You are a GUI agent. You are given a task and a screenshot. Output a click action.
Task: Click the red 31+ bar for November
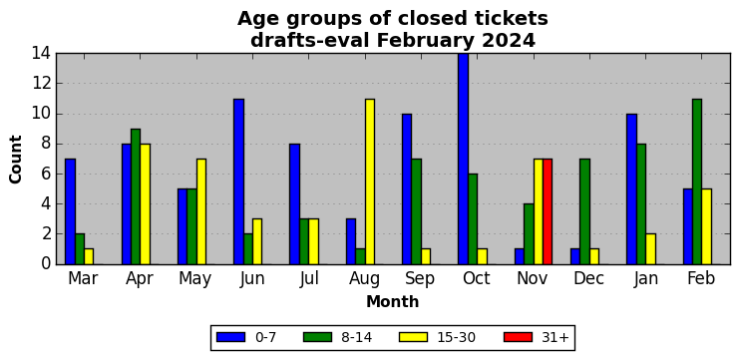click(548, 211)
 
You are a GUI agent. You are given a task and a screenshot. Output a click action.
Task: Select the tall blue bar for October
click(463, 159)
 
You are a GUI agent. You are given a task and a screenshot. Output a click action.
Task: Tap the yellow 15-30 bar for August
click(369, 181)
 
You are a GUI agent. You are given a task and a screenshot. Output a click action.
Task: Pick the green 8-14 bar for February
click(696, 181)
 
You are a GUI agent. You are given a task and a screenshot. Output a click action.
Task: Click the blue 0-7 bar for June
click(238, 181)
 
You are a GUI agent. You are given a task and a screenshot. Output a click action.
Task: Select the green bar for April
click(136, 196)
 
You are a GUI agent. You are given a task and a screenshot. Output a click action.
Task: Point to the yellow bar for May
click(201, 211)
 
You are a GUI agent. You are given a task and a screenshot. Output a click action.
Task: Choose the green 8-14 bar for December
click(584, 211)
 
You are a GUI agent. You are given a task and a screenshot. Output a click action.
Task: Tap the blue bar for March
click(70, 211)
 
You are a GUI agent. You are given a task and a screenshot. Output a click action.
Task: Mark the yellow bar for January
click(650, 248)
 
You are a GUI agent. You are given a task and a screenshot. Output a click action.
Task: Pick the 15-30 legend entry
click(437, 337)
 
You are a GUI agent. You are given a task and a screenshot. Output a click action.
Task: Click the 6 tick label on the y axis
click(47, 174)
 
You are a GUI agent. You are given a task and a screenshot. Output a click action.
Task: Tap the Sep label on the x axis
click(420, 278)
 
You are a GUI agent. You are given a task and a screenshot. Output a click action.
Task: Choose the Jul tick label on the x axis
click(309, 278)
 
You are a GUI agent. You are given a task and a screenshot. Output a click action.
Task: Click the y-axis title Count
click(16, 159)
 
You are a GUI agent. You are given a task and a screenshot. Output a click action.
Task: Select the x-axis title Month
click(393, 301)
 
